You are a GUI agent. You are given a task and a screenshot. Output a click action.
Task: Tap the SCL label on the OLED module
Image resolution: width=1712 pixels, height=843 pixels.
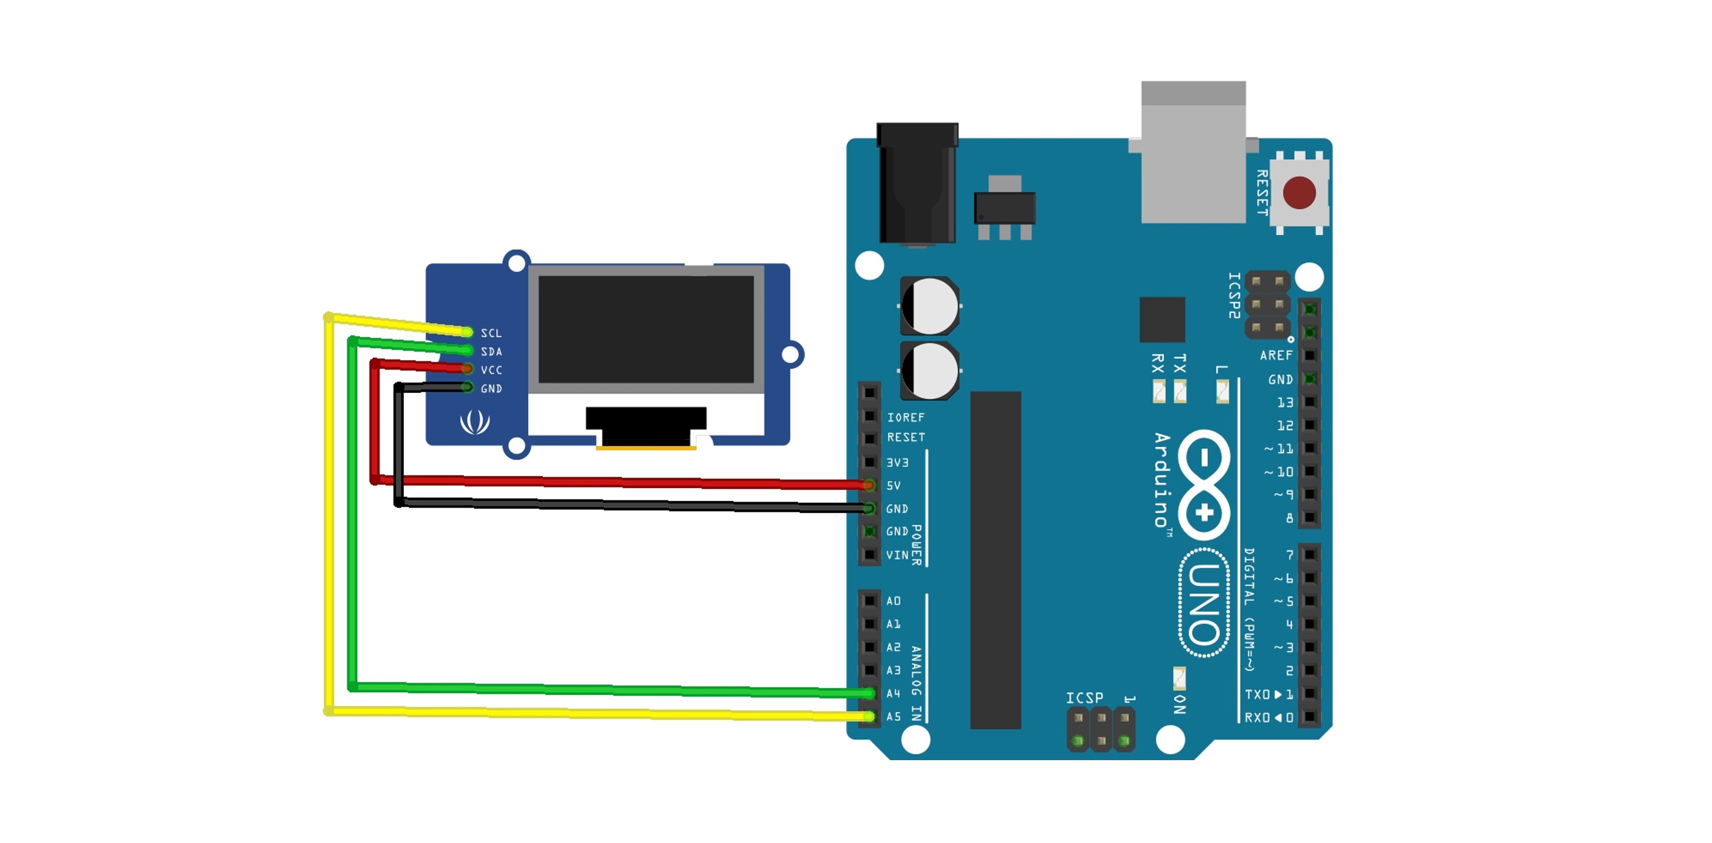coord(491,333)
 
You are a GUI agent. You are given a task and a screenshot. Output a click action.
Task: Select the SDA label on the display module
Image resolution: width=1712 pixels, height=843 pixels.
coord(491,351)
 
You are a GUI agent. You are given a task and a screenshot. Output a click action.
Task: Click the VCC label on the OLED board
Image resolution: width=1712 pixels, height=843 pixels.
coord(491,370)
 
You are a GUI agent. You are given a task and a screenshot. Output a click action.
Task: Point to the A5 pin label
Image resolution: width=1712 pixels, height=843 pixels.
coord(894,717)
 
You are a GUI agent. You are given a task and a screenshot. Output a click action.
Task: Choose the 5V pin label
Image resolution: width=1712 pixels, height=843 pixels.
coord(894,486)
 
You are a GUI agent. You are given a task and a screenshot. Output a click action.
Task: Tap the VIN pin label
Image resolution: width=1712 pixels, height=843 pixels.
coord(897,555)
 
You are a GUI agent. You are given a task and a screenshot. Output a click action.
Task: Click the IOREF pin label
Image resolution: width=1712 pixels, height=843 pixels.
coord(905,417)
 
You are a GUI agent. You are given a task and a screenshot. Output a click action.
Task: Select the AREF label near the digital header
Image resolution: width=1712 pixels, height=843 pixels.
coord(1275,355)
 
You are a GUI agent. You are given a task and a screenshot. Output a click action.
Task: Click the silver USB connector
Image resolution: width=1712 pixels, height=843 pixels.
coord(1193,153)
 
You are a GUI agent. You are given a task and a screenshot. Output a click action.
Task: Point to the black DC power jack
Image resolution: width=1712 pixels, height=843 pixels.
coord(917,183)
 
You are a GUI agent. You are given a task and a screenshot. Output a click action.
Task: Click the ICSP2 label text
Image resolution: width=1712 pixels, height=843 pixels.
coord(1234,295)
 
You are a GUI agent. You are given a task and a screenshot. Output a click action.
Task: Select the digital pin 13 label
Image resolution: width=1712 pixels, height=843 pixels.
coord(1285,402)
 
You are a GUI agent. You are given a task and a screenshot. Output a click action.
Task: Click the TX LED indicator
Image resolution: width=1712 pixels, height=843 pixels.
coord(1180,391)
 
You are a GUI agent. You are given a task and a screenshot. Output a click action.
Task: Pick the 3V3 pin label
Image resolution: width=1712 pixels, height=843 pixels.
coord(897,462)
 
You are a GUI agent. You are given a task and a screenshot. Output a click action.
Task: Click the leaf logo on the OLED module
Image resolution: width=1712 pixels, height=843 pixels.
coord(475,422)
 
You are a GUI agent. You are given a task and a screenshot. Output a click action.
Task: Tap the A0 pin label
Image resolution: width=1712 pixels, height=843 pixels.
coord(893,600)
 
